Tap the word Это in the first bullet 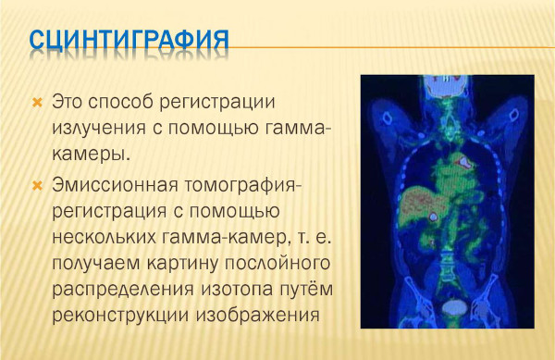click(70, 100)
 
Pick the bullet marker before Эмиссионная click(38, 185)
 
